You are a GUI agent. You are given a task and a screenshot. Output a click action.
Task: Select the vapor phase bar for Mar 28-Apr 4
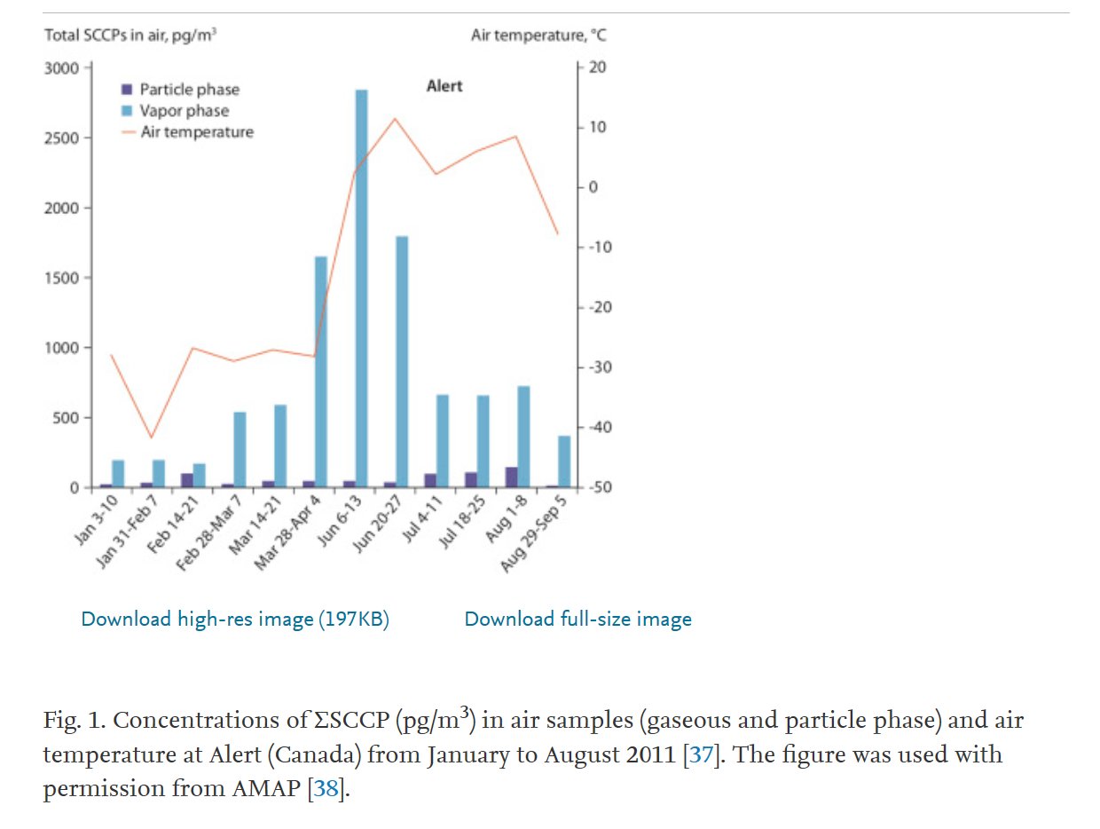point(321,372)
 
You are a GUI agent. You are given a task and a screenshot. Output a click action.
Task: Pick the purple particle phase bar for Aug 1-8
point(511,477)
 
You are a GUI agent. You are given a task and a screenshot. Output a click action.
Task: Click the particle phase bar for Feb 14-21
point(186,480)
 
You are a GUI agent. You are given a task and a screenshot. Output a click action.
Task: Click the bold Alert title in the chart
point(444,87)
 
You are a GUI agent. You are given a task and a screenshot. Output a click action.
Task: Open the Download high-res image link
point(235,620)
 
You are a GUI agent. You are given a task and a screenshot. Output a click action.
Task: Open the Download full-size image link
point(577,620)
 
